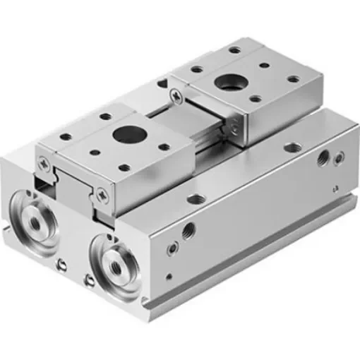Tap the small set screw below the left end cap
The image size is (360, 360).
(x=61, y=265)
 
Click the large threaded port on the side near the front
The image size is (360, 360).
(x=188, y=229)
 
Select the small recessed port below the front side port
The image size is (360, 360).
(x=171, y=250)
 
